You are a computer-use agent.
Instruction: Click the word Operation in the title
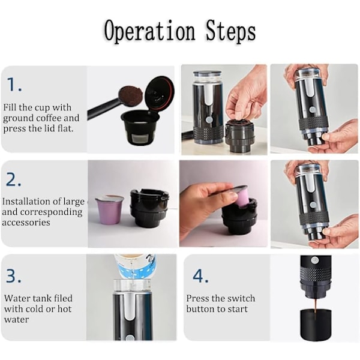click(149, 32)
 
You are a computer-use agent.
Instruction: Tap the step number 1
click(14, 85)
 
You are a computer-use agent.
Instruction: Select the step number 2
click(13, 179)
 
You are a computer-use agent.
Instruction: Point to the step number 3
click(14, 275)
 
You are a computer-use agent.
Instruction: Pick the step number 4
click(200, 275)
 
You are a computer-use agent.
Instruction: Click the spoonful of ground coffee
click(130, 96)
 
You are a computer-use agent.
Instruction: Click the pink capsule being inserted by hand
click(242, 196)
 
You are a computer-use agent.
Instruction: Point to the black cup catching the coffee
click(316, 325)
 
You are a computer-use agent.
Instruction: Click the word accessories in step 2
click(26, 223)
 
